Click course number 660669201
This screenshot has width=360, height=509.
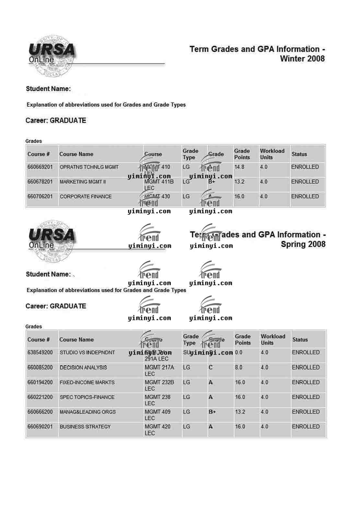pyautogui.click(x=40, y=167)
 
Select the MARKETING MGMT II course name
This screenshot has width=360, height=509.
pyautogui.click(x=83, y=182)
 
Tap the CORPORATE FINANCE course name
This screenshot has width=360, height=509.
pyautogui.click(x=86, y=197)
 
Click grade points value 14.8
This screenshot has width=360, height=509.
pyautogui.click(x=239, y=167)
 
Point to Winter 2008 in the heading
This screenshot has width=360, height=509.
pyautogui.click(x=302, y=59)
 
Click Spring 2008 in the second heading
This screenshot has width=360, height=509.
pyautogui.click(x=303, y=244)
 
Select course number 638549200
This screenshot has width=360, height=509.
pyautogui.click(x=40, y=353)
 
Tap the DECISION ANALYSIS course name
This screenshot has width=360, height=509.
pyautogui.click(x=83, y=368)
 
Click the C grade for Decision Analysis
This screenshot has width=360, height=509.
pyautogui.click(x=211, y=368)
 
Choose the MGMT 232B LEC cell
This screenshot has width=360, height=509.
pyautogui.click(x=159, y=385)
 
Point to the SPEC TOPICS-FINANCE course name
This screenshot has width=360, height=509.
pyautogui.click(x=87, y=397)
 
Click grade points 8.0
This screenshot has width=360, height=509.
pyautogui.click(x=238, y=368)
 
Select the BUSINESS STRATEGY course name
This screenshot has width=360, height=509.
pyautogui.click(x=85, y=427)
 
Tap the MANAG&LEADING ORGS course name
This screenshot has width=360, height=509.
pyautogui.click(x=87, y=412)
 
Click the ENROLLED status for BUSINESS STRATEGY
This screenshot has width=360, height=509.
pyautogui.click(x=306, y=427)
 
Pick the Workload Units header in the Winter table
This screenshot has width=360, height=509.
pyautogui.click(x=272, y=154)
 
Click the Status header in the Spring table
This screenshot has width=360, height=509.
pyautogui.click(x=300, y=340)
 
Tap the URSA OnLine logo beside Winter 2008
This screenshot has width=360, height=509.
pyautogui.click(x=52, y=55)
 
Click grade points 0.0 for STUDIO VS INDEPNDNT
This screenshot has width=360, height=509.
pyautogui.click(x=238, y=353)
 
